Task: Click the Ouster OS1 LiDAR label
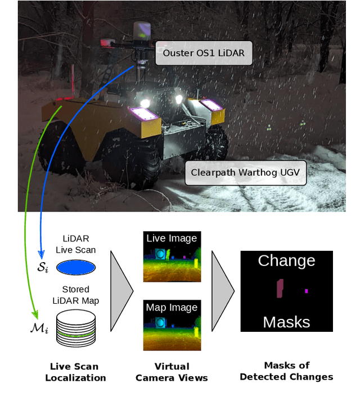(204, 54)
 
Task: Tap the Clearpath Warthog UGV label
(246, 173)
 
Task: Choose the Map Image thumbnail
(172, 323)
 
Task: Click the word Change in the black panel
(286, 261)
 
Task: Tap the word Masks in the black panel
(286, 322)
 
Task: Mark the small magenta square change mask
(306, 291)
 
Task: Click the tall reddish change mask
(279, 289)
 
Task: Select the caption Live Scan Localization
(76, 372)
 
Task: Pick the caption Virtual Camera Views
(172, 372)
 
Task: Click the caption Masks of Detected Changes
(286, 371)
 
